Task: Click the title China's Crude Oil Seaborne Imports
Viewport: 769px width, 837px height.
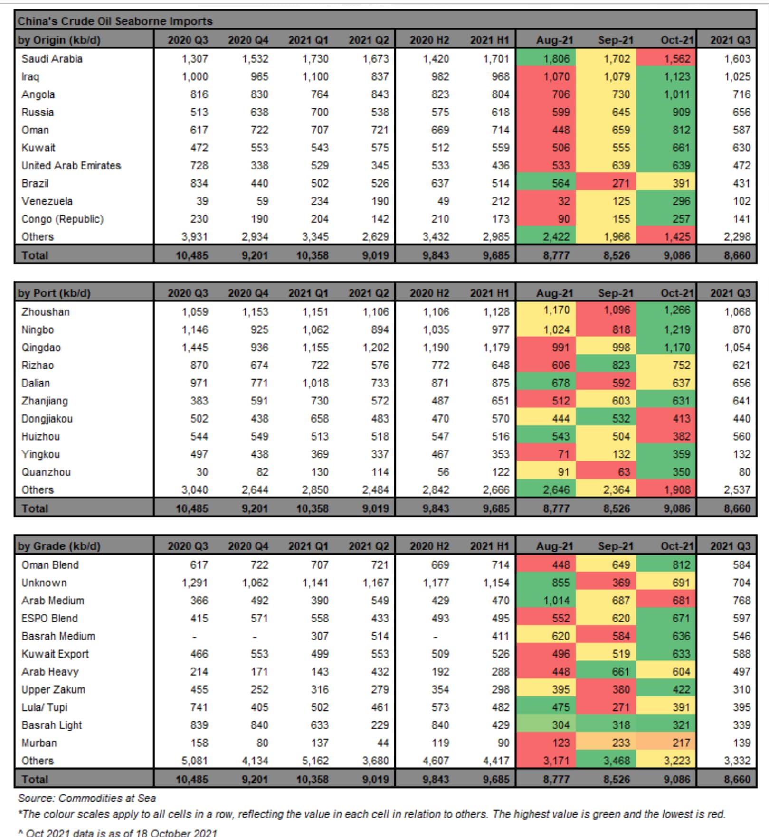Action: pyautogui.click(x=115, y=21)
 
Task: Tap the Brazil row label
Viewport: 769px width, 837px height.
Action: pyautogui.click(x=35, y=184)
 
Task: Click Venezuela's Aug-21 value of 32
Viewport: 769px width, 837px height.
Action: pyautogui.click(x=563, y=201)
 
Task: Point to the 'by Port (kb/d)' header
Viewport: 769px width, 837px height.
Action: pyautogui.click(x=54, y=293)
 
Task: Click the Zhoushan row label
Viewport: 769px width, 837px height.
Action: pyautogui.click(x=46, y=312)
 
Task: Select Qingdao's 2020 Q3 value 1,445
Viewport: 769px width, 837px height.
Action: pyautogui.click(x=195, y=348)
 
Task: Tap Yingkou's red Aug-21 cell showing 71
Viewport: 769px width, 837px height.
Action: pyautogui.click(x=563, y=454)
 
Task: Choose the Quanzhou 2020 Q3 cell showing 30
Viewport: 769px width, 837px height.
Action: pyautogui.click(x=202, y=472)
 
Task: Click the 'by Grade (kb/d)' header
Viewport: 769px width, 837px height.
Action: pyautogui.click(x=59, y=546)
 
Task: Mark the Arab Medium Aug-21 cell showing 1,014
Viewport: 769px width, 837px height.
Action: pyautogui.click(x=556, y=601)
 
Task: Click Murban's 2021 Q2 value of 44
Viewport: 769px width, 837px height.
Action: pyautogui.click(x=382, y=743)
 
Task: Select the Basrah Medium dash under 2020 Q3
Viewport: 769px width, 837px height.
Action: pyautogui.click(x=194, y=637)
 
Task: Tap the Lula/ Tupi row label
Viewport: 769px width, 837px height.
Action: pyautogui.click(x=45, y=707)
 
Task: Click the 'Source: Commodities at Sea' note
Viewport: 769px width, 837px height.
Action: pyautogui.click(x=87, y=798)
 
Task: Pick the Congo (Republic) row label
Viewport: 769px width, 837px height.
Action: pyautogui.click(x=62, y=219)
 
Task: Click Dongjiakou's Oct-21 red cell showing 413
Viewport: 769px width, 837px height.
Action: pyautogui.click(x=681, y=419)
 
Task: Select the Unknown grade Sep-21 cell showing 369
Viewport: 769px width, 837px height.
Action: pyautogui.click(x=621, y=583)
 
